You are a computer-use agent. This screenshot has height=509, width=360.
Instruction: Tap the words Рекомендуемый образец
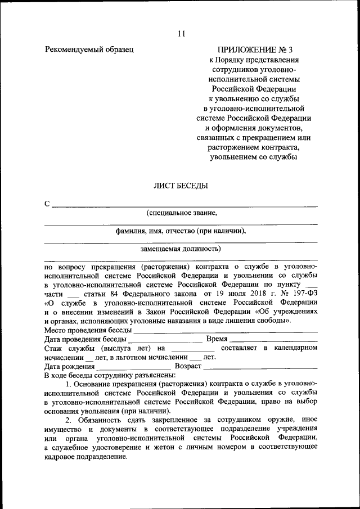(x=89, y=49)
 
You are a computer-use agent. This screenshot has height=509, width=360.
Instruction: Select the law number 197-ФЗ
(x=303, y=294)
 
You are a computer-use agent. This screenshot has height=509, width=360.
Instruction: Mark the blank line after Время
(x=274, y=341)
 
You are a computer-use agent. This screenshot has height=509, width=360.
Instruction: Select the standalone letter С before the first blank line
(x=47, y=203)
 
